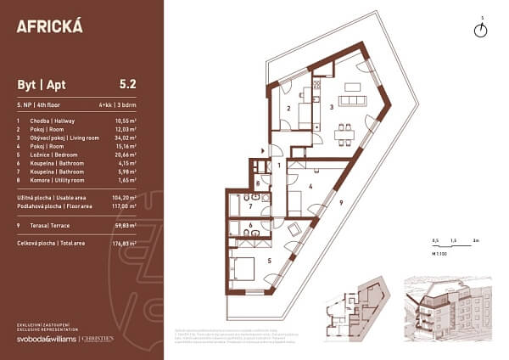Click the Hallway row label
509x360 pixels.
pyautogui.click(x=48, y=121)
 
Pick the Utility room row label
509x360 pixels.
pyautogui.click(x=54, y=181)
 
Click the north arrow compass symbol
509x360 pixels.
pyautogui.click(x=480, y=31)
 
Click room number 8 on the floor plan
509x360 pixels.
pyautogui.click(x=258, y=183)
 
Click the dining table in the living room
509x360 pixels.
pyautogui.click(x=344, y=133)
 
